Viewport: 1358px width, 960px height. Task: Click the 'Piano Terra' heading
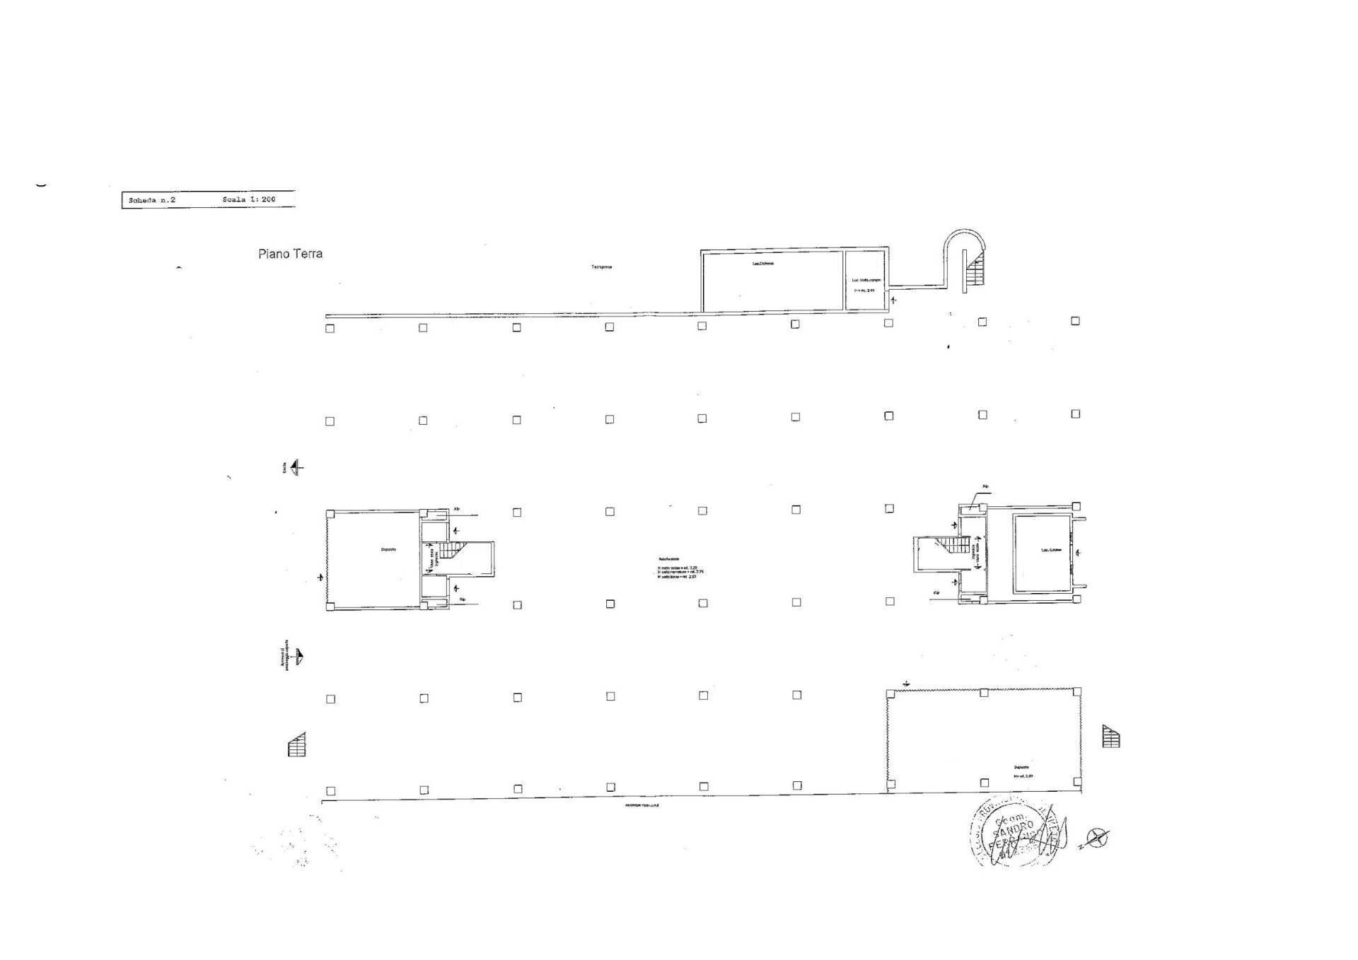coord(290,254)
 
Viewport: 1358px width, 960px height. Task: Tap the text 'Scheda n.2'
coord(151,201)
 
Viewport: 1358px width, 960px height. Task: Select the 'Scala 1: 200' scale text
coord(248,200)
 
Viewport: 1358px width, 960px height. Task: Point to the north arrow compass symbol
coord(1097,838)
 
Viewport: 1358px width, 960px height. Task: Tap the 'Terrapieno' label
coord(601,267)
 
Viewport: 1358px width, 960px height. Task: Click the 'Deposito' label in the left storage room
coord(388,549)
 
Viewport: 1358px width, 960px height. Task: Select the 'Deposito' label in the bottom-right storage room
coord(1021,767)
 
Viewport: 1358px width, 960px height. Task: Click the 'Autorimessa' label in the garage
coord(669,559)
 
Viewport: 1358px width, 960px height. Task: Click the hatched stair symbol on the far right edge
coord(1111,737)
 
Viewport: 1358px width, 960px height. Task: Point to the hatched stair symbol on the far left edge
coord(297,745)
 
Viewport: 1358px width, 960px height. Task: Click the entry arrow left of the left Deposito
coord(321,578)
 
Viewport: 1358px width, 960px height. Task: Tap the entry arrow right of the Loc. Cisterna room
coord(1077,551)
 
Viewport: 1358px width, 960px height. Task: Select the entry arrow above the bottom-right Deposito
coord(906,684)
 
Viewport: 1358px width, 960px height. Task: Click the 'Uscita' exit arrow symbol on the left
coord(297,467)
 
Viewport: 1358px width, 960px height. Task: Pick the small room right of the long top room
coord(866,281)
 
